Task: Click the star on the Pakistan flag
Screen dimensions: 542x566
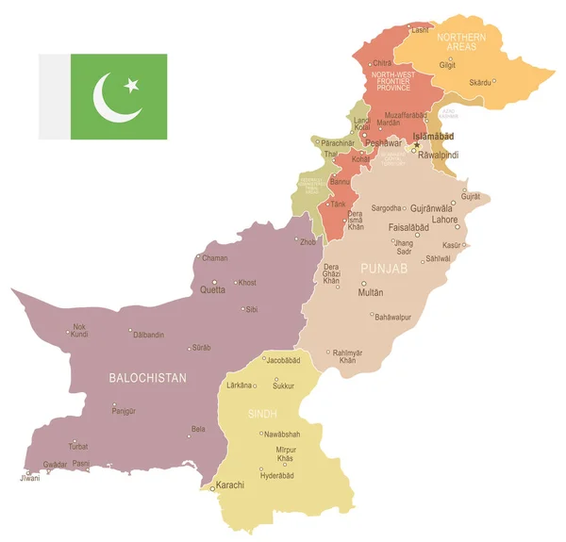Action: point(131,86)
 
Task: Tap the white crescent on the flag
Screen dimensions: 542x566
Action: point(112,97)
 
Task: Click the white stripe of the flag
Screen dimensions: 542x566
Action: point(54,97)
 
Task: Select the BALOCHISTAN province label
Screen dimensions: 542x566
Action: point(147,378)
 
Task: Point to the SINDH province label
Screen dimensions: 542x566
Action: point(261,414)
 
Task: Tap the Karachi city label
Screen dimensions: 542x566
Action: point(230,485)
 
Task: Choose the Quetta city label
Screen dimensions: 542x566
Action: point(212,290)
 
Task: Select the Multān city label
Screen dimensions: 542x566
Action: point(371,293)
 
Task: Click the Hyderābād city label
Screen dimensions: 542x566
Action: point(277,476)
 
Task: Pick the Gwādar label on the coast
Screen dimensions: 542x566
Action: point(56,465)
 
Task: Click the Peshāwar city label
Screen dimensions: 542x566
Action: point(384,142)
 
